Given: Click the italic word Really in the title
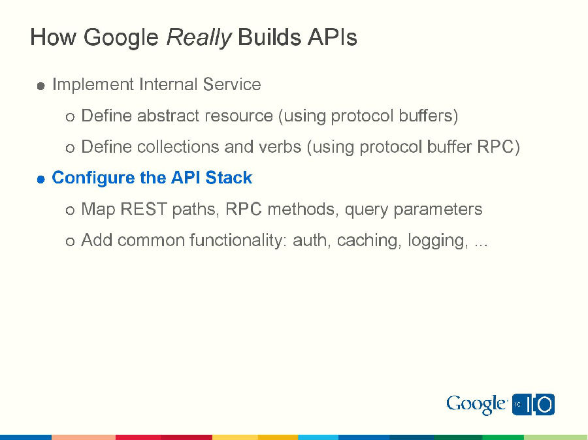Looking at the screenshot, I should (x=199, y=37).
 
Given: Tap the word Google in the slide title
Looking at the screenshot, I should (x=121, y=38).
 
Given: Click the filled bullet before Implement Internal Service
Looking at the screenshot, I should (x=41, y=86).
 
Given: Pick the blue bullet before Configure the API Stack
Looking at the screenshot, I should (x=41, y=179).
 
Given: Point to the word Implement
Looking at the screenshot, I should (x=92, y=85).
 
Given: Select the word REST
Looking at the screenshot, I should (x=143, y=210).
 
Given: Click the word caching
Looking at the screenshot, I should (x=368, y=240).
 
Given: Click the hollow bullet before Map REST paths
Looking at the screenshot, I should (x=70, y=210).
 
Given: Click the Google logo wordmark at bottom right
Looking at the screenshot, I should (x=476, y=405).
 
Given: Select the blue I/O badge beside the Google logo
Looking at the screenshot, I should (x=533, y=405).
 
